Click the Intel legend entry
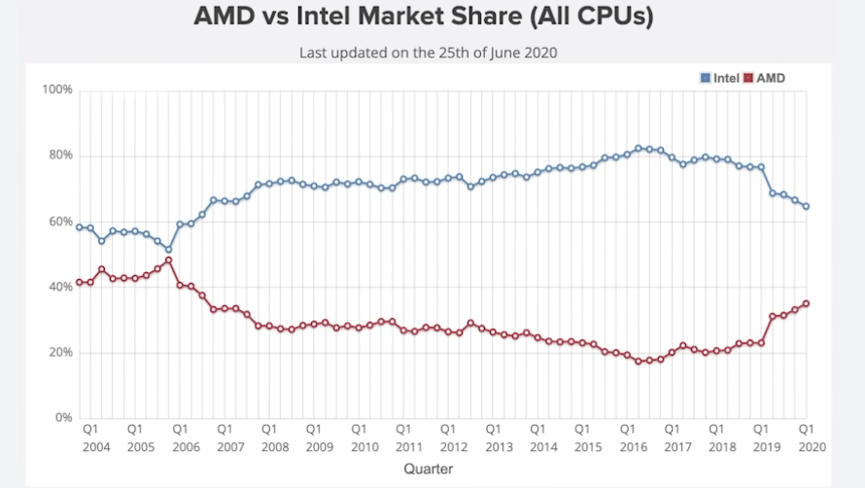tap(720, 77)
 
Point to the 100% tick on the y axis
tap(58, 90)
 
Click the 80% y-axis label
tap(61, 156)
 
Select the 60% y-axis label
tap(61, 222)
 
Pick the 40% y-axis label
tap(61, 287)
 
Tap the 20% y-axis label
tap(61, 353)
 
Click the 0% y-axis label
tap(64, 418)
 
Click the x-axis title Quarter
tap(429, 469)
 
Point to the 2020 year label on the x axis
tap(805, 447)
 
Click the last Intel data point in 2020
tap(806, 206)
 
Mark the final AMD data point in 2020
tap(806, 303)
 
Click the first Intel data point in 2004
tap(79, 227)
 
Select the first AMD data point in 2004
tap(79, 283)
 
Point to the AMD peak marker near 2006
tap(168, 261)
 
